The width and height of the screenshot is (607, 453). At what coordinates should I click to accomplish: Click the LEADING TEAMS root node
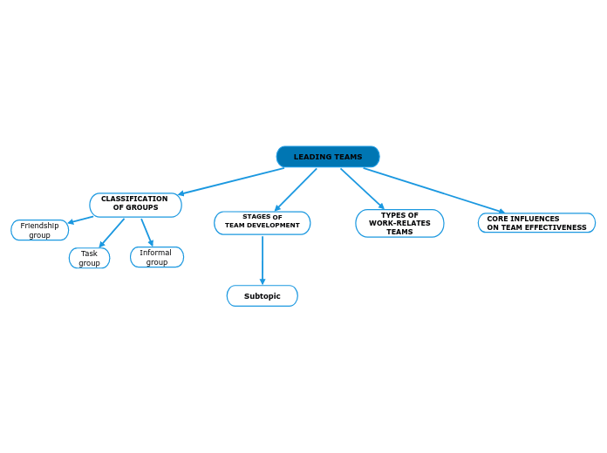[328, 157]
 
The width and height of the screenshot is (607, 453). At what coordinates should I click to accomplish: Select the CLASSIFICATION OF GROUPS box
[135, 204]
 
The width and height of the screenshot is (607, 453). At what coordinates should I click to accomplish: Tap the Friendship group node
[39, 230]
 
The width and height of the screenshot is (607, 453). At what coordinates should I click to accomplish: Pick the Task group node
[89, 258]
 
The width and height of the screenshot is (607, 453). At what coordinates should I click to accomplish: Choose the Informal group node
[156, 257]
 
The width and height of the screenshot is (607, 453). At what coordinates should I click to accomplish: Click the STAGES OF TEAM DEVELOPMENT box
[262, 223]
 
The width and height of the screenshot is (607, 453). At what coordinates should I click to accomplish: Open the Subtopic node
[262, 296]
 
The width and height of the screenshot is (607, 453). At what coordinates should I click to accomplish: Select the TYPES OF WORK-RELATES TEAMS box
[399, 223]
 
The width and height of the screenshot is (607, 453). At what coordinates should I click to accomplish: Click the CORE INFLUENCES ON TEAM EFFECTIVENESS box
[536, 223]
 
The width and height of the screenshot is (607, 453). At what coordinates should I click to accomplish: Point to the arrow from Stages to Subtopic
[263, 260]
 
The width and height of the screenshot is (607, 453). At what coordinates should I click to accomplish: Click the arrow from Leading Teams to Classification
[231, 181]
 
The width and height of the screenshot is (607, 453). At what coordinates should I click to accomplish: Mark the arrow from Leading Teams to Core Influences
[433, 190]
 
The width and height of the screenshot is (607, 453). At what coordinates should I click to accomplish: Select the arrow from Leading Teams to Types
[362, 188]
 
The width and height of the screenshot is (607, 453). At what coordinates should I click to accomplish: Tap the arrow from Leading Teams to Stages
[296, 189]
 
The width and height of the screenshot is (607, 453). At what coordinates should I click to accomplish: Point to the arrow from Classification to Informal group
[147, 232]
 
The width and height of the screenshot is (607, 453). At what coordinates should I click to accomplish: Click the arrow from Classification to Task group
[112, 233]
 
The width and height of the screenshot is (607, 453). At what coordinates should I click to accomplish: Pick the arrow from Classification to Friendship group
[81, 220]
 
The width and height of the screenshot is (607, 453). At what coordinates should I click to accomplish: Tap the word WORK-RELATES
[399, 223]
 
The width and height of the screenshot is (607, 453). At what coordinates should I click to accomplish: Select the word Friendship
[40, 226]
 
